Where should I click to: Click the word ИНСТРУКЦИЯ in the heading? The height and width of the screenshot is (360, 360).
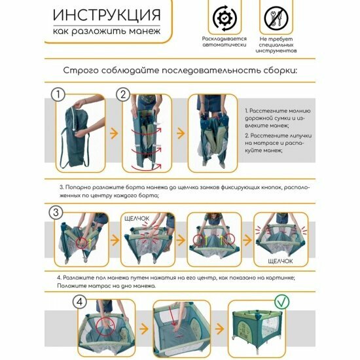[x=107, y=15]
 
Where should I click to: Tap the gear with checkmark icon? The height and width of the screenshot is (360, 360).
[x=225, y=18]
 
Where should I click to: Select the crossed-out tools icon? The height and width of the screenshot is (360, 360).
[x=276, y=18]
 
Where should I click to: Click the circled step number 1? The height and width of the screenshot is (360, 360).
[x=58, y=95]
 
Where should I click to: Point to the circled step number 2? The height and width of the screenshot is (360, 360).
[x=123, y=95]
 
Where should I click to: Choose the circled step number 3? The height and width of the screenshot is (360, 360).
[x=56, y=212]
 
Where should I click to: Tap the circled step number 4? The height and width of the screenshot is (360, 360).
[x=80, y=302]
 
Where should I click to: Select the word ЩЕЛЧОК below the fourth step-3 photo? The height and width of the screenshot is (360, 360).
[x=280, y=261]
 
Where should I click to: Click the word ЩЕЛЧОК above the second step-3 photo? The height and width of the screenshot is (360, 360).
[x=137, y=219]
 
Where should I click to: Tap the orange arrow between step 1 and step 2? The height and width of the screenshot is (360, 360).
[x=114, y=134]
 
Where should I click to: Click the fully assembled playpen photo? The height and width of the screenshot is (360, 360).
[x=257, y=328]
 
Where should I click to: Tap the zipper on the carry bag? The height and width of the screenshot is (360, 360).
[x=74, y=118]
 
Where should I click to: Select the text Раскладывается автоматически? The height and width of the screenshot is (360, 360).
[x=224, y=41]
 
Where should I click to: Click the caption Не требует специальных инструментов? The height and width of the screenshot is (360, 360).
[x=276, y=45]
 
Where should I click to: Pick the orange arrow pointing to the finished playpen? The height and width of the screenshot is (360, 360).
[x=219, y=329]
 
